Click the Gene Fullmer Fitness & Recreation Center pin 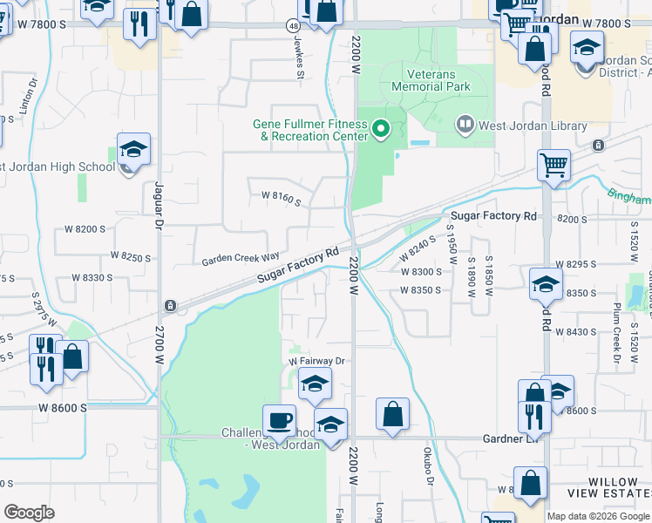click(380, 130)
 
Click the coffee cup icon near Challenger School click(280, 420)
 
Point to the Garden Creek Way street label click(241, 260)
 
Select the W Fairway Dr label click(317, 361)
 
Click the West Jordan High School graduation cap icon click(133, 150)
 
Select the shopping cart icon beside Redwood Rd click(554, 164)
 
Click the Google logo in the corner click(29, 513)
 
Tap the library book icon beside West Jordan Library click(465, 126)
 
